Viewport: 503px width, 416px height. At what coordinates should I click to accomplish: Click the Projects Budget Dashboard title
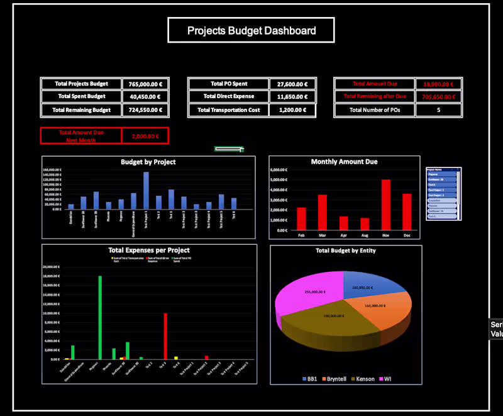[251, 30]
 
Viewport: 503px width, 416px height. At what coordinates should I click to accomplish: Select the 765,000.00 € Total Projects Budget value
[145, 84]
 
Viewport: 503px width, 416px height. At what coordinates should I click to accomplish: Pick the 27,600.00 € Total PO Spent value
[292, 84]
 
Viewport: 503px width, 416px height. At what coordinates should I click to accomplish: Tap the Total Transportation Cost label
[229, 110]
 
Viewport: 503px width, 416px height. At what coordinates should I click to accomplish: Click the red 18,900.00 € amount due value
[438, 84]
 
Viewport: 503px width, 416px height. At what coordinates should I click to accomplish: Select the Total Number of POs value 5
[438, 110]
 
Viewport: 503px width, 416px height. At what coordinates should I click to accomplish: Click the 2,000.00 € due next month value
[145, 136]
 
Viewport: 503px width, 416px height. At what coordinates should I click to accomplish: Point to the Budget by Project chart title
[148, 162]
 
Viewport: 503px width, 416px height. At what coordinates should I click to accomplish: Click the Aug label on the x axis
[365, 235]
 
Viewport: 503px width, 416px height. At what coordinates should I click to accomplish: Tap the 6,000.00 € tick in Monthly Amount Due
[279, 170]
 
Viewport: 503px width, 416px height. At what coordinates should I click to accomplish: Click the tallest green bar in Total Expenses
[99, 317]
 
